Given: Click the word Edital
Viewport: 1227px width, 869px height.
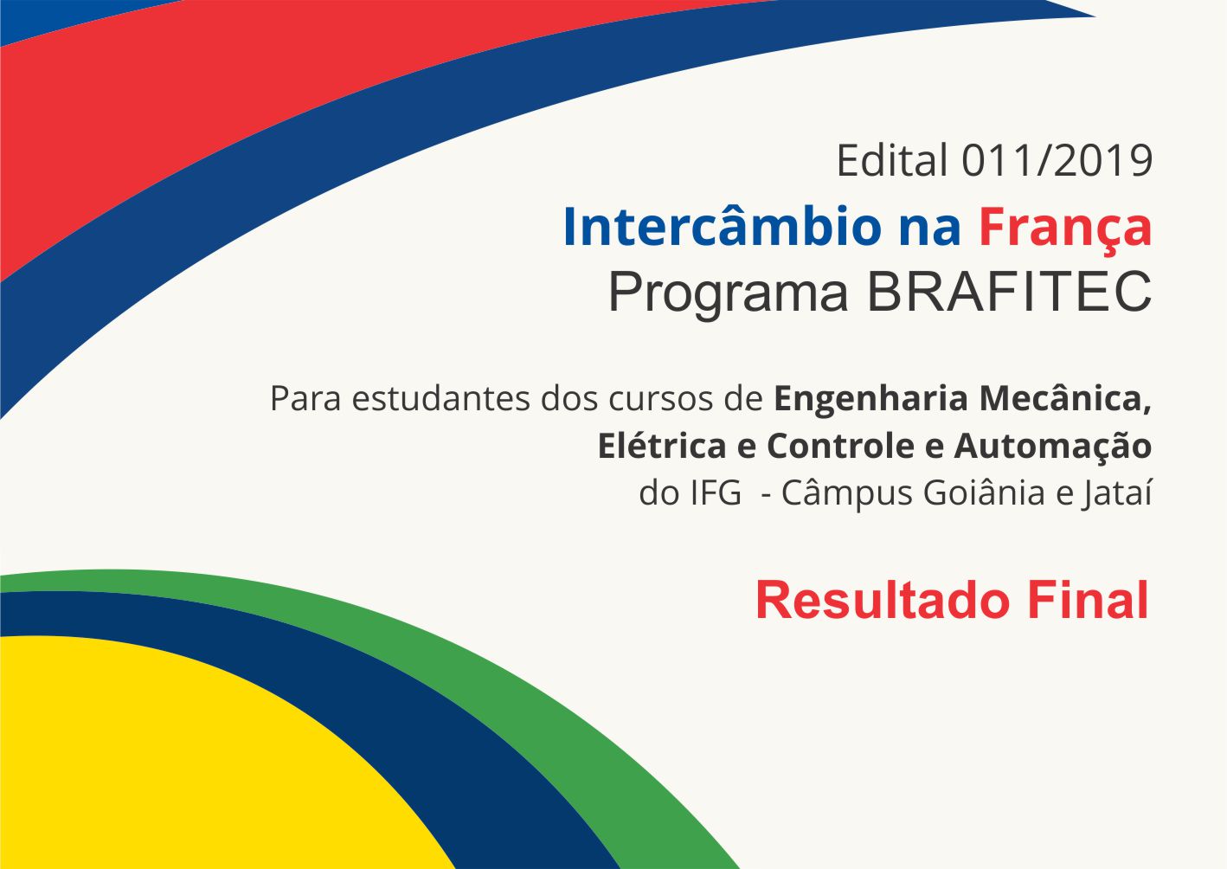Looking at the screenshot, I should click(891, 161).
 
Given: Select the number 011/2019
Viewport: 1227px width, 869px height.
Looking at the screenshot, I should click(1057, 161).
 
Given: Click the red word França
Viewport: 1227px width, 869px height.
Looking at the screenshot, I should click(1065, 229).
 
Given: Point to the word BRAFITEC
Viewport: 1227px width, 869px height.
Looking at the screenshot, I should click(1009, 293).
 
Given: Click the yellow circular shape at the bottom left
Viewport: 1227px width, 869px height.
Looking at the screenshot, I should click(173, 762).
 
